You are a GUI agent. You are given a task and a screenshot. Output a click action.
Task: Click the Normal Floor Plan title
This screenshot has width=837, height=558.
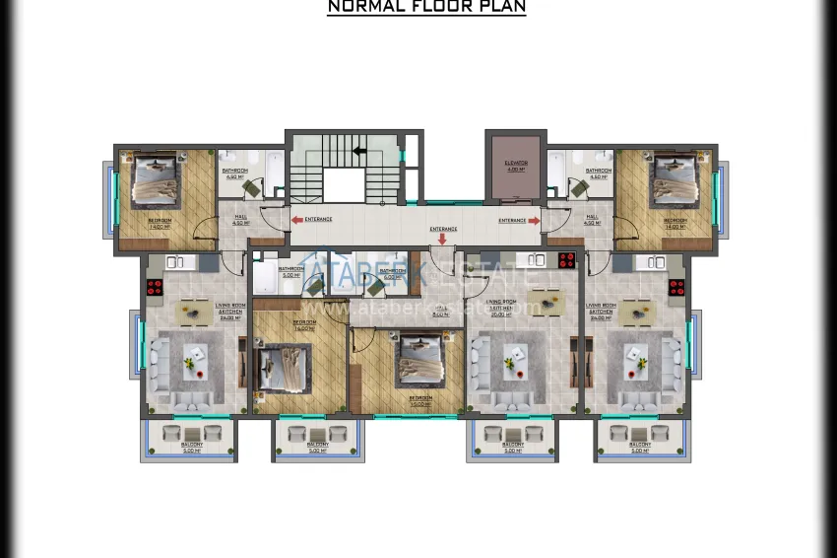coord(426,7)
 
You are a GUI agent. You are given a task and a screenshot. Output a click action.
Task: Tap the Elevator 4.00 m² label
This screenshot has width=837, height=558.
coord(516,166)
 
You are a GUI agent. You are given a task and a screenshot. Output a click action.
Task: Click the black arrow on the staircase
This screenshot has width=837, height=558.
coord(360,151)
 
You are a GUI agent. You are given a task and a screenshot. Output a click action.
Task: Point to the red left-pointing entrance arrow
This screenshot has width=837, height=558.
coord(297,220)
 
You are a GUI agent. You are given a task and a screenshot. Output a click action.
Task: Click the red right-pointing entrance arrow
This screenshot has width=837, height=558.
coord(534,221)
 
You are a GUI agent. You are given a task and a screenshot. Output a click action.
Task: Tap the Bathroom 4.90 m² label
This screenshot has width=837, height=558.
coord(235,174)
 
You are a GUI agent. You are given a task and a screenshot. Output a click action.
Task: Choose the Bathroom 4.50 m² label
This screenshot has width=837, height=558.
coord(598,174)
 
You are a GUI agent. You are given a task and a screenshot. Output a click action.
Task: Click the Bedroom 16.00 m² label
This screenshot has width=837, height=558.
coord(304,324)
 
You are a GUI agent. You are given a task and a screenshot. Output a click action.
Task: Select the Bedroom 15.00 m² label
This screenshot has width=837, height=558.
coord(420,400)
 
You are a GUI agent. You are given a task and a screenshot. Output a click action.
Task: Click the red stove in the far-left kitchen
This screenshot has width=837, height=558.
coord(155,288)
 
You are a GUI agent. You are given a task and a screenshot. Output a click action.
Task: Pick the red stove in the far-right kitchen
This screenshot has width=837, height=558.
coord(676,288)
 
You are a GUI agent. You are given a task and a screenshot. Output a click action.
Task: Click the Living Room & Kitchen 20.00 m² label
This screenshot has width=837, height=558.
coord(502,306)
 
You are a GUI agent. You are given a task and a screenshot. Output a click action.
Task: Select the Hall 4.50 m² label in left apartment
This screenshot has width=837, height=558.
coord(239,220)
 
